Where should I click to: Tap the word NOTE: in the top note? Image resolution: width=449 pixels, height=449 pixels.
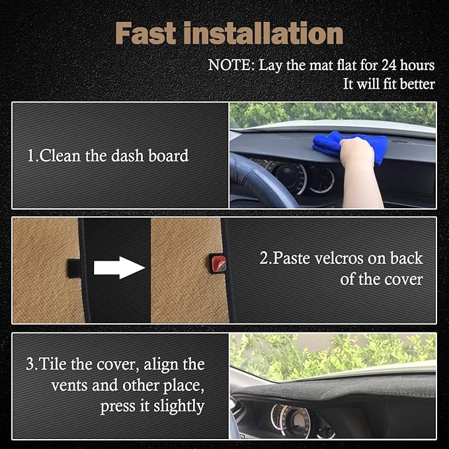coord(231,65)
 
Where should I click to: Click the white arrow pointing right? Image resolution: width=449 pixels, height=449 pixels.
coord(119,268)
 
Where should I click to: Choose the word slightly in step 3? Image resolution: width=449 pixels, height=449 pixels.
coord(179,407)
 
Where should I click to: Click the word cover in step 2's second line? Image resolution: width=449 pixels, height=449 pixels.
coord(403,279)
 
